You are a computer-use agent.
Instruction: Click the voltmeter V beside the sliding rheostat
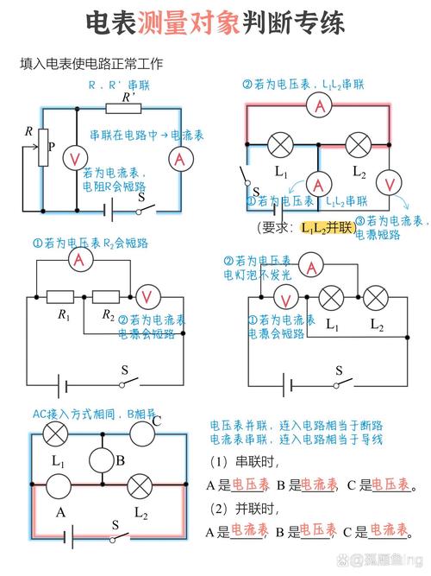pyautogui.click(x=76, y=159)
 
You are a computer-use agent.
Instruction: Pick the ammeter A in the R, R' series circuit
pyautogui.click(x=179, y=159)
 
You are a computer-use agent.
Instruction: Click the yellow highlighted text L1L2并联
pyautogui.click(x=328, y=227)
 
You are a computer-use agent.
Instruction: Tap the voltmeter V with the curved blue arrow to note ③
pyautogui.click(x=390, y=182)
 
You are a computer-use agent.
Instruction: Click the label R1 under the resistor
pyautogui.click(x=64, y=315)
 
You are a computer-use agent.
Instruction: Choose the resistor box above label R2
pyautogui.click(x=107, y=296)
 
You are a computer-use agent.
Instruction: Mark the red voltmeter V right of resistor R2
pyautogui.click(x=146, y=296)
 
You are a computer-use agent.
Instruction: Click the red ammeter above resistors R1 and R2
pyautogui.click(x=81, y=259)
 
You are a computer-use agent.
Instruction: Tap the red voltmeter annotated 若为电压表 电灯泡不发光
pyautogui.click(x=286, y=298)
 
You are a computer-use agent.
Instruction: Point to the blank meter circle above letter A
pyautogui.click(x=59, y=486)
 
